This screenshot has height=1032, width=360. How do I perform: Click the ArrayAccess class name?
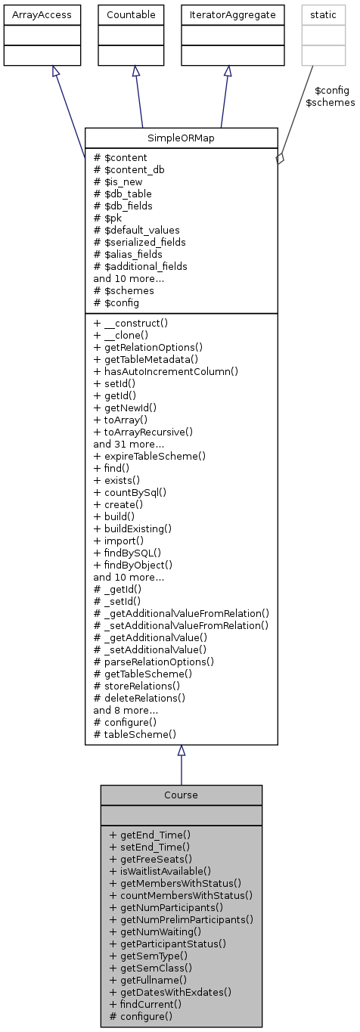point(42,14)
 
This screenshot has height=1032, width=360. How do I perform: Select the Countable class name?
point(136,14)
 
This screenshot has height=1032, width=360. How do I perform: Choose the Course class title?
point(181,795)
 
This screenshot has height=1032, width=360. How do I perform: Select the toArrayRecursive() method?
point(143,432)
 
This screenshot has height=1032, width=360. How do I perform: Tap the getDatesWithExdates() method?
point(169,992)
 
